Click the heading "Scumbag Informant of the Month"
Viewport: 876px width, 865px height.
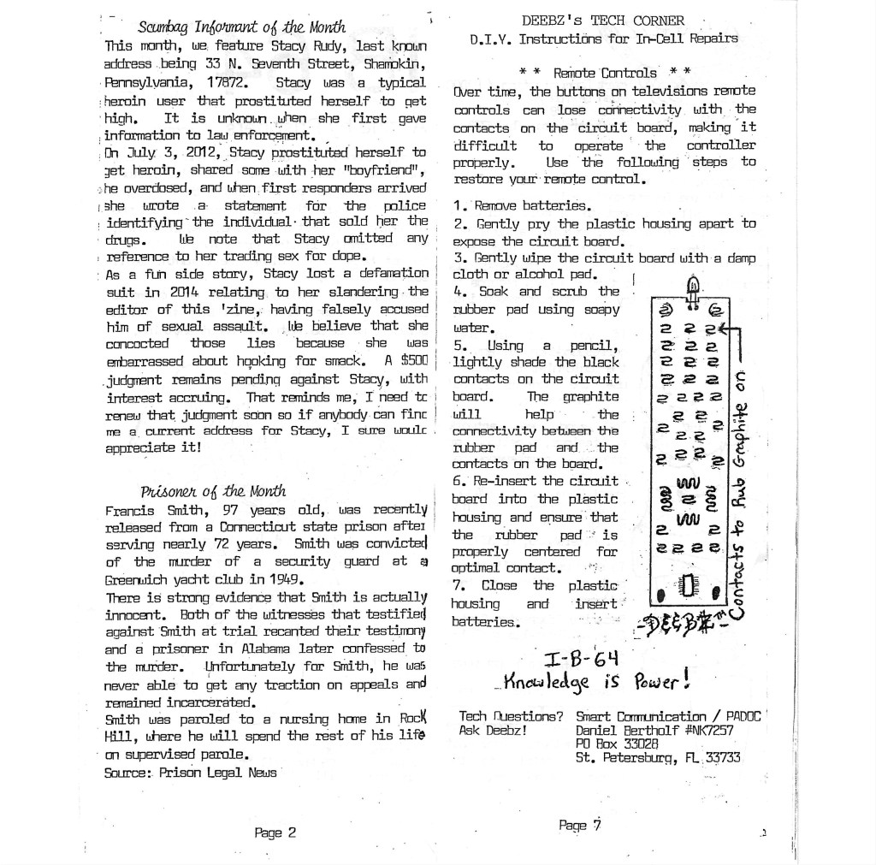[242, 27]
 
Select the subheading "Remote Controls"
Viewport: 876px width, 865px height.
[605, 73]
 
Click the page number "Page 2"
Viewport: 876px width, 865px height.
[275, 832]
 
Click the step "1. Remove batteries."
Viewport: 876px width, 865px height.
[522, 205]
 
